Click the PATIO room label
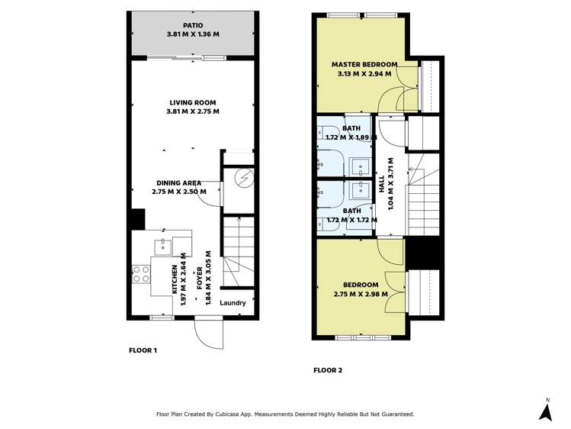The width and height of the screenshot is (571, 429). [x=193, y=24]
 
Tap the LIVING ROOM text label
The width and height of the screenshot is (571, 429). [x=193, y=102]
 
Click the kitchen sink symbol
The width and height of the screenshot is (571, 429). [x=162, y=246]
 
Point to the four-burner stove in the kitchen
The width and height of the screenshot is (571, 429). [x=140, y=274]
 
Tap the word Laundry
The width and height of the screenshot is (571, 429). [x=233, y=303]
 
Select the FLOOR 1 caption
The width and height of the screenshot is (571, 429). [x=143, y=350]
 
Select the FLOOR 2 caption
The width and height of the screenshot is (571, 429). [x=328, y=370]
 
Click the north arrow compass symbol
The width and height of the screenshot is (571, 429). [x=545, y=410]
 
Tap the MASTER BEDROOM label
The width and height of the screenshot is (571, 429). [x=364, y=64]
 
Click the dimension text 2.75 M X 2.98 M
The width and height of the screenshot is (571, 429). [x=361, y=294]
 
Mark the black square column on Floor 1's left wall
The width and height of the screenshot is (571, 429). [x=137, y=219]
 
